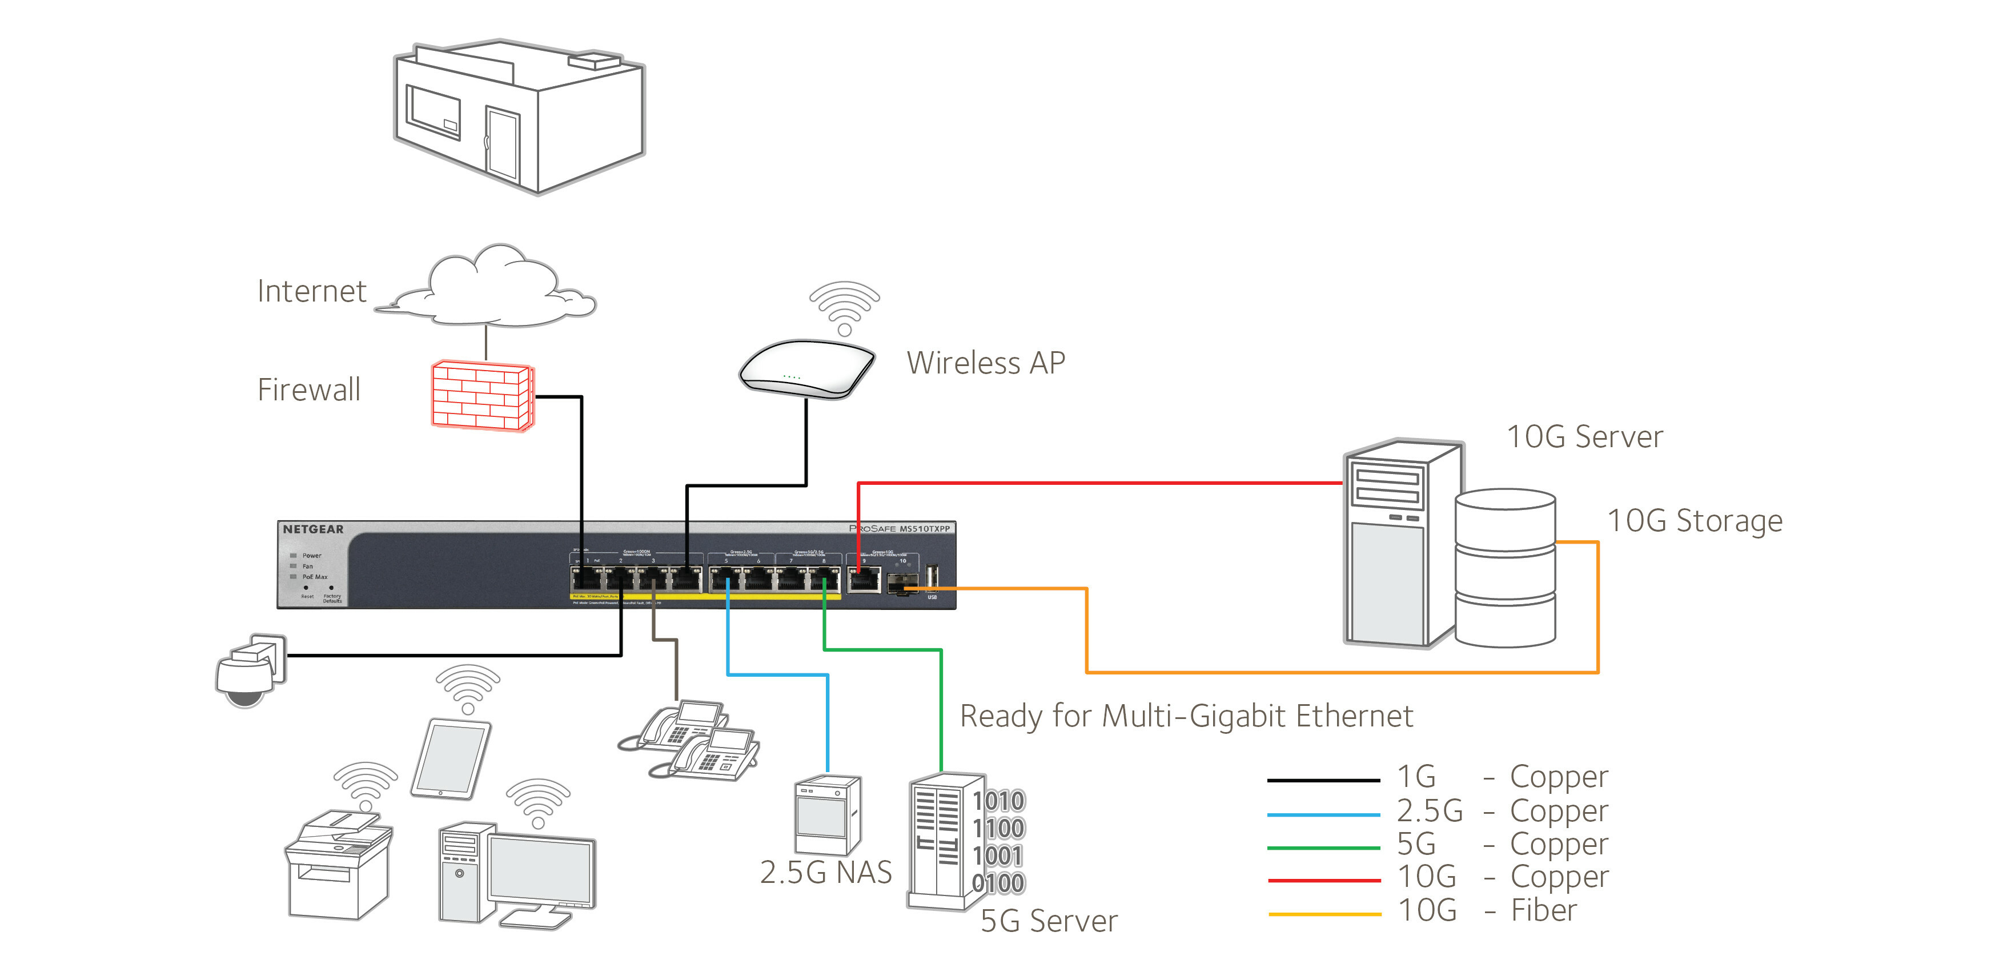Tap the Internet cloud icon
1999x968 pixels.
493,288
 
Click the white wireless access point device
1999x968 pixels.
806,369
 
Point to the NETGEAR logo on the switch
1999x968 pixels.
313,529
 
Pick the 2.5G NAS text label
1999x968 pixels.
826,873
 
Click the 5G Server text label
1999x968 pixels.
1049,921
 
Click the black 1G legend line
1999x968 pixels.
1323,780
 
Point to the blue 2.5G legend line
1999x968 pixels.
1323,814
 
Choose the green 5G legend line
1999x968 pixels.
1323,847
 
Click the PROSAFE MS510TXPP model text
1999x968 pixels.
900,529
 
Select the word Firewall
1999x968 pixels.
309,389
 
